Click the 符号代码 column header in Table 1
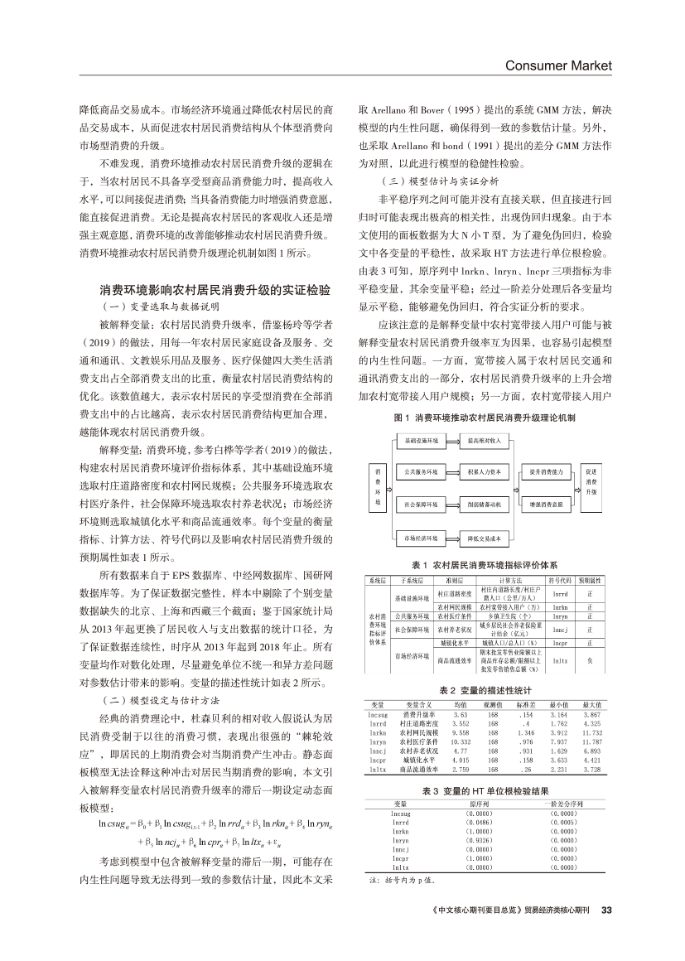pos(559,582)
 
